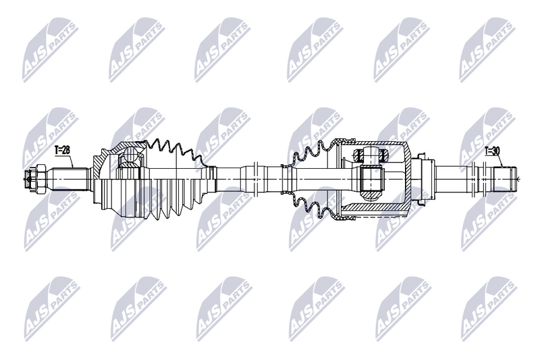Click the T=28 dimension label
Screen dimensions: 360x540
coord(62,149)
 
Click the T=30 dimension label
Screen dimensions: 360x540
coord(493,151)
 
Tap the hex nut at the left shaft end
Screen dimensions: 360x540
coord(31,178)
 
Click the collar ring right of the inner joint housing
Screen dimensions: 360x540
coord(423,178)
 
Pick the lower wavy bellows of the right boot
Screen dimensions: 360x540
coord(310,203)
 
